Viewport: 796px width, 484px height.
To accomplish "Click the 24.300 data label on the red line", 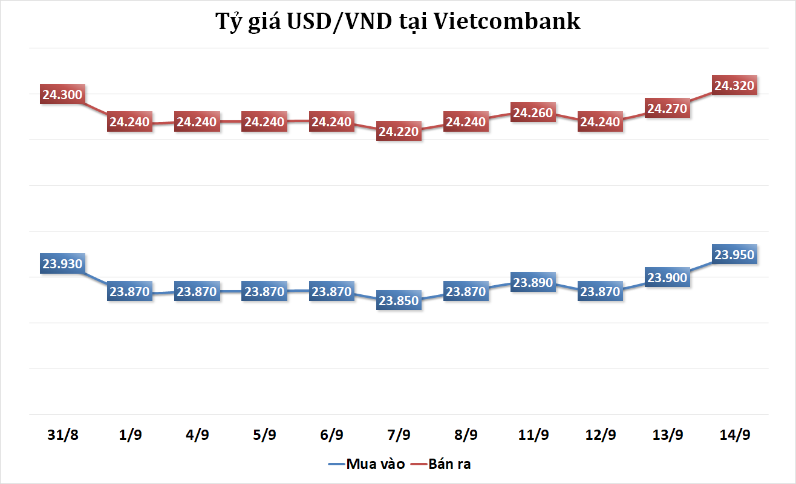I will [x=62, y=95].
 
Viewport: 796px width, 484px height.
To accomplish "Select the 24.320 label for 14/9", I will [x=734, y=86].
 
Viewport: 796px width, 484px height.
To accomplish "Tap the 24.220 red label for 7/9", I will [x=398, y=131].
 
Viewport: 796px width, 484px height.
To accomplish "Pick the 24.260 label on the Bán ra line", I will [x=533, y=112].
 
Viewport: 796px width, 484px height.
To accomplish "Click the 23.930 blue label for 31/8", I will [x=62, y=264].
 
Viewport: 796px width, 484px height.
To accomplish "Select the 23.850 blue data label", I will [x=398, y=300].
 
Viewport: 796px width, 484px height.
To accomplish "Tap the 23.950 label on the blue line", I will [x=734, y=254].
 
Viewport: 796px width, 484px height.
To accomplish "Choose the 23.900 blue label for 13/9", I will [x=667, y=277].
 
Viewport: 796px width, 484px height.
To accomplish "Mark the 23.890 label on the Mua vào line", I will [x=533, y=282].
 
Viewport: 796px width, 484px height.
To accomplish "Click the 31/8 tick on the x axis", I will [x=63, y=435].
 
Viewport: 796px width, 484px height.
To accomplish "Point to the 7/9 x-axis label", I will [x=398, y=435].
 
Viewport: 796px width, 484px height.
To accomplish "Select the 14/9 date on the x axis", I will [x=734, y=435].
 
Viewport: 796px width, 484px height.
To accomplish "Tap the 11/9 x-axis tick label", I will [x=533, y=435].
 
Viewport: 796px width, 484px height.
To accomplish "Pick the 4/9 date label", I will [x=197, y=435].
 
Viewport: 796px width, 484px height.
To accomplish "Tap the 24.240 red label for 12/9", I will [x=600, y=121].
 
